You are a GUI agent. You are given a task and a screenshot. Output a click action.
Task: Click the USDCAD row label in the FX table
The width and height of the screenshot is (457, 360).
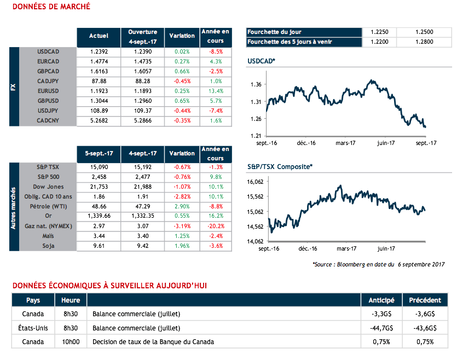48,51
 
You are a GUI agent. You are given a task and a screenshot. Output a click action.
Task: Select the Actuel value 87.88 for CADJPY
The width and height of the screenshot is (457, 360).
99,81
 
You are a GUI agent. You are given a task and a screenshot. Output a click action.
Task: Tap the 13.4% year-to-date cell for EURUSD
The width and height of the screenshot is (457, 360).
216,91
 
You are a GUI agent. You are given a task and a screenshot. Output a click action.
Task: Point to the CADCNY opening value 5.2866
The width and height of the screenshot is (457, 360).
143,120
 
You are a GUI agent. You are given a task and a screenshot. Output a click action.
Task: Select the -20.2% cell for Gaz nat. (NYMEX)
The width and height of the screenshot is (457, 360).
216,226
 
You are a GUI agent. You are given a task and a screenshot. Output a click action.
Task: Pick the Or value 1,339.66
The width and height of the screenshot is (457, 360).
99,216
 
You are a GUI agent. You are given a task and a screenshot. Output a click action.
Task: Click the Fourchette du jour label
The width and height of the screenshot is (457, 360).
274,32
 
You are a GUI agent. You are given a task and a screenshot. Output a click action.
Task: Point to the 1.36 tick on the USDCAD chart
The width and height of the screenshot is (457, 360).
255,84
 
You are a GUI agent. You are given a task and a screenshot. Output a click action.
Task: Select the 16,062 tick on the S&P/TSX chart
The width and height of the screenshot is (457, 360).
256,182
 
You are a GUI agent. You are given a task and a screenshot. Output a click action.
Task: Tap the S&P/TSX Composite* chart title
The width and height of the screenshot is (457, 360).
280,166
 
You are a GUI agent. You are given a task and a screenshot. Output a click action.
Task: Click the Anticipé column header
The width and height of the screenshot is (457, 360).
381,300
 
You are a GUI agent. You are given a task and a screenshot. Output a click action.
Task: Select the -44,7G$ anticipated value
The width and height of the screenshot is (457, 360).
381,328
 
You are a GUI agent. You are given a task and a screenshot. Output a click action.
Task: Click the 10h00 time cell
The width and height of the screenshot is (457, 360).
71,342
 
